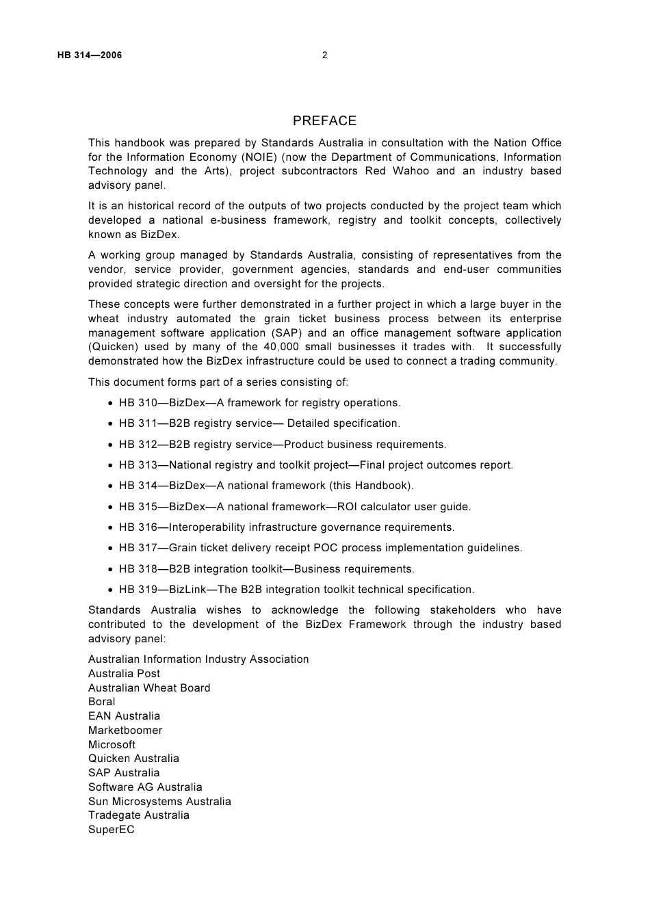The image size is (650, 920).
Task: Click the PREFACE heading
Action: coord(324,121)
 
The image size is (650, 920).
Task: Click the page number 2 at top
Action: coord(324,55)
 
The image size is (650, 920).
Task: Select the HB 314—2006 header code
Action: coord(90,55)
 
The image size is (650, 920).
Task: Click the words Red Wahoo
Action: coord(397,171)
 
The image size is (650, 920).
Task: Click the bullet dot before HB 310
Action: coord(111,404)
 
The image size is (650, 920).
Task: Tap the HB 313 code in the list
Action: coord(138,465)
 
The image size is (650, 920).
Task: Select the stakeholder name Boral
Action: coord(102,702)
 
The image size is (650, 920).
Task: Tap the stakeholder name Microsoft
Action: coord(112,745)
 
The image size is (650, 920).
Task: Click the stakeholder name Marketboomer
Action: coord(125,731)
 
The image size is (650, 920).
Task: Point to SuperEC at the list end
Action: coord(112,830)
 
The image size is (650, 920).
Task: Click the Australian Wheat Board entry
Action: coord(149,688)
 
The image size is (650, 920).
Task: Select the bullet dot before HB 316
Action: coord(111,528)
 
